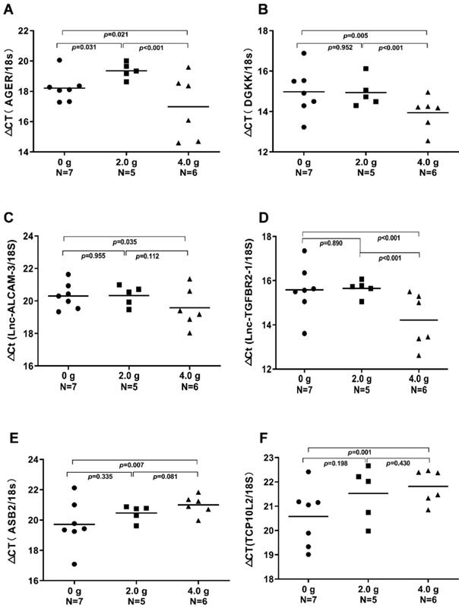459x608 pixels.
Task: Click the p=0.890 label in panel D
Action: [332, 244]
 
